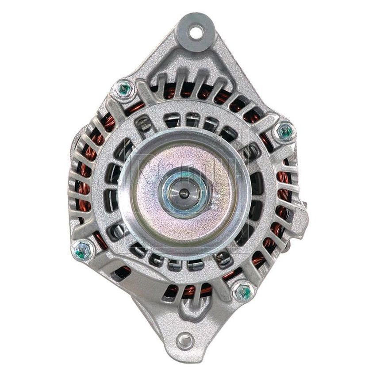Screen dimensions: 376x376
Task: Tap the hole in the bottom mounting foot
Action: (185, 341)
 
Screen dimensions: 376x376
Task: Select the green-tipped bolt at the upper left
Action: (124, 89)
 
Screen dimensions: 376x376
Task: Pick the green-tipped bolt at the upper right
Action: (285, 131)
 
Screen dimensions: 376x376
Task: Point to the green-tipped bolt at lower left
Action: (82, 251)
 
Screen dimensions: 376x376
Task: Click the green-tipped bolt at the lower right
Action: (243, 292)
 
